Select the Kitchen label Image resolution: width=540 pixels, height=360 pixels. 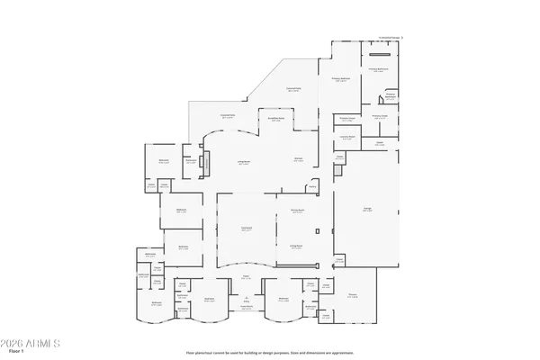coord(297,160)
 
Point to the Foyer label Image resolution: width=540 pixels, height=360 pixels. coord(246,278)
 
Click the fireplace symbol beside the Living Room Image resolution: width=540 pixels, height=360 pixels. coord(205,164)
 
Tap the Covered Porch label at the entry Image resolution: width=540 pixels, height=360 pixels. coord(245,309)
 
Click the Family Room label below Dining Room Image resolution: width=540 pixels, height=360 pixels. coord(295,246)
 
